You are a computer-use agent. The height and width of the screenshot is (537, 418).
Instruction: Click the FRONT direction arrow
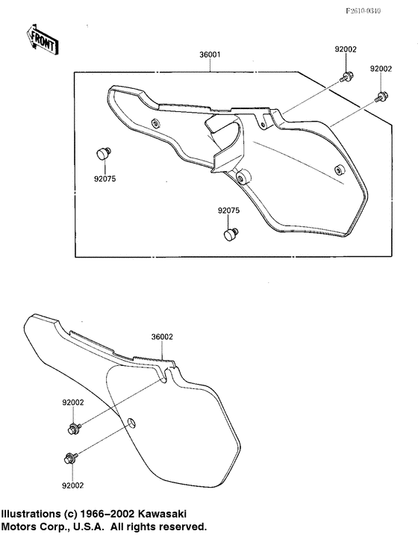tap(42, 39)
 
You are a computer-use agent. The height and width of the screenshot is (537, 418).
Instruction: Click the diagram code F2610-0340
tap(363, 11)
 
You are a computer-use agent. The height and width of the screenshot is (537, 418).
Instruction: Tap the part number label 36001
tap(210, 55)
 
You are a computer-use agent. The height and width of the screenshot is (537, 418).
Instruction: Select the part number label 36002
tap(162, 337)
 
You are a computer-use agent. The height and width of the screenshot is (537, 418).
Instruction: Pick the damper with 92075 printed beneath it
tap(103, 153)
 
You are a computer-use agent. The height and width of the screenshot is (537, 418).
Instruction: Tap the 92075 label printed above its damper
tap(228, 211)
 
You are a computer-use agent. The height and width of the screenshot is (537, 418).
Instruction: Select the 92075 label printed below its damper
tap(104, 179)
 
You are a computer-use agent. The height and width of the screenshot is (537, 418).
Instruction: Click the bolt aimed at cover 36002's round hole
tap(71, 457)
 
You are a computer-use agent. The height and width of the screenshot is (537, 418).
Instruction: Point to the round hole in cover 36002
tap(131, 422)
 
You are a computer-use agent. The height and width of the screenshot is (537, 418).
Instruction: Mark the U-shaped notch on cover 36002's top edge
tap(166, 375)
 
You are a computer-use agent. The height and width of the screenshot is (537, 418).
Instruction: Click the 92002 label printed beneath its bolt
tap(72, 485)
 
